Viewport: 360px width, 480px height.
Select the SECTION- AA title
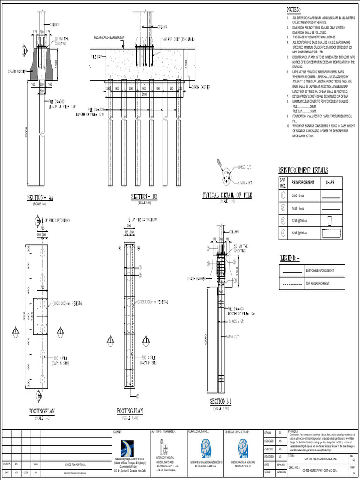point(40,198)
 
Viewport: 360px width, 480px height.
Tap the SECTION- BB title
point(144,197)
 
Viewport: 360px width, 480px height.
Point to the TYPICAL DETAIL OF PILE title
point(227,195)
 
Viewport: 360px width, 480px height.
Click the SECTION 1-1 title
point(221,402)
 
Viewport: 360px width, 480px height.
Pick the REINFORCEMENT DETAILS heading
point(303,170)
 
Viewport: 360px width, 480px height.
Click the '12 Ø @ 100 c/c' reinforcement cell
point(300,232)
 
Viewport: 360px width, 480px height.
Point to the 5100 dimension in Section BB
point(145,93)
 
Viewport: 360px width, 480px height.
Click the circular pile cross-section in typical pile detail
point(227,178)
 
